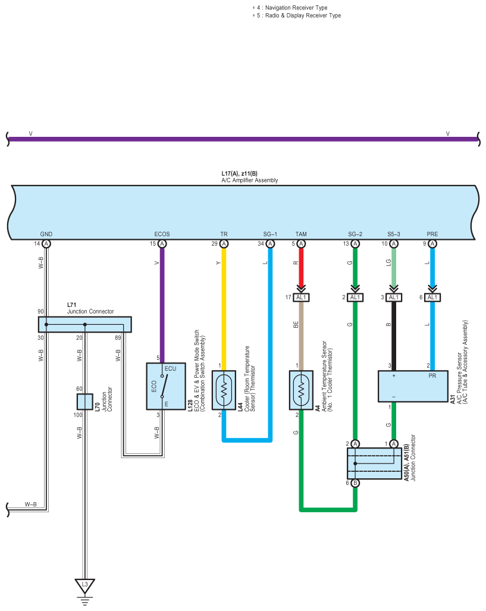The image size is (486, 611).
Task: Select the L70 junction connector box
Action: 84,402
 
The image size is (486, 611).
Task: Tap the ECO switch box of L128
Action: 165,386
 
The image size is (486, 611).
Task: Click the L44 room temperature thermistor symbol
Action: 224,390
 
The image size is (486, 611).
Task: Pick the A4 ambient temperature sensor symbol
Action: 301,390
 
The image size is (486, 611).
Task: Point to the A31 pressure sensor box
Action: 413,386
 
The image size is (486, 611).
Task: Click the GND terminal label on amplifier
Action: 46,234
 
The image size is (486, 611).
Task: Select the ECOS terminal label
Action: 162,234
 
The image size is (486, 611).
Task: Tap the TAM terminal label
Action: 301,234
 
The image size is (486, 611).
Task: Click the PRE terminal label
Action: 432,234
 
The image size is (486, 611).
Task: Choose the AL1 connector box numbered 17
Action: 301,297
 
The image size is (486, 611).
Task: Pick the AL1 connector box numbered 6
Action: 432,297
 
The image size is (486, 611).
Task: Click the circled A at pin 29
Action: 224,244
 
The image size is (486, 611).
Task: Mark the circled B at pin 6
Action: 355,483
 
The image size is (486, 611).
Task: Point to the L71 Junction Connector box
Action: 84,324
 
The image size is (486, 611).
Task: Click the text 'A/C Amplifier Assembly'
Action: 249,180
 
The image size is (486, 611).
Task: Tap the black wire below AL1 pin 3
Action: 394,336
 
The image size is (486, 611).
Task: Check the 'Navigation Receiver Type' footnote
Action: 296,8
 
